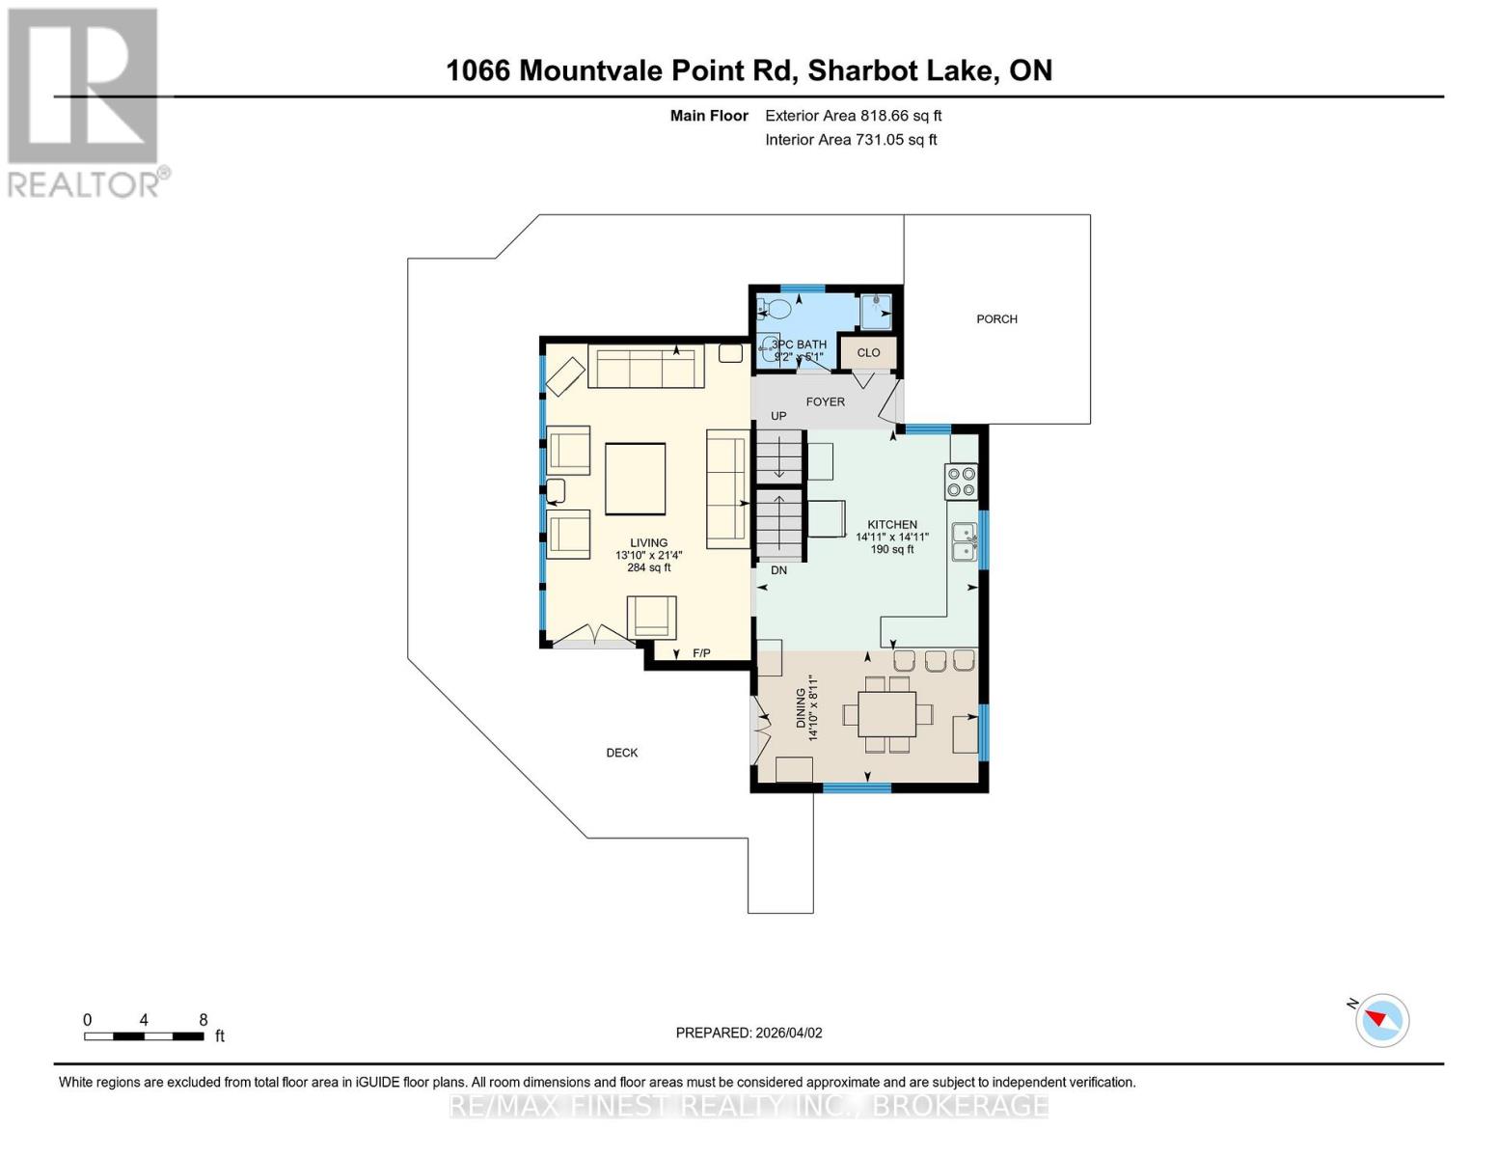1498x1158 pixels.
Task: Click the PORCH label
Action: pos(996,319)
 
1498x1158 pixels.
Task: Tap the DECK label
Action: pos(621,753)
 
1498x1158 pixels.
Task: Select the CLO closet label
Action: pos(868,353)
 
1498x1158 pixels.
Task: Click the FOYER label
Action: pos(825,401)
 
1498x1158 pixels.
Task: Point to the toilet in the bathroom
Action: pos(775,309)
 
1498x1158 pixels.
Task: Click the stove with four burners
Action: pos(961,482)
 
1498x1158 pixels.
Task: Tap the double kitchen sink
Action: pos(964,541)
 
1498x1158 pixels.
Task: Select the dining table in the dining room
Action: pos(887,715)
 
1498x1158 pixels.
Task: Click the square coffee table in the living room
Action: pos(635,479)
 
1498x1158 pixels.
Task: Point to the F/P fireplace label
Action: pos(701,654)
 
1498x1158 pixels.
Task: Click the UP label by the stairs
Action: pos(778,416)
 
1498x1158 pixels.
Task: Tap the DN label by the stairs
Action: pos(778,570)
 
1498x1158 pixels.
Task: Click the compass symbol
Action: pos(1382,1020)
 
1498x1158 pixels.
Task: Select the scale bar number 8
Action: pos(203,1020)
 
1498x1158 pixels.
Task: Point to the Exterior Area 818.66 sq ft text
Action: pos(853,116)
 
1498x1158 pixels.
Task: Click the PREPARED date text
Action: pos(749,1033)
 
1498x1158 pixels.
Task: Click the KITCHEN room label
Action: pos(891,525)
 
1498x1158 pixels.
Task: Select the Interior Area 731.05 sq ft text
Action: pos(851,140)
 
